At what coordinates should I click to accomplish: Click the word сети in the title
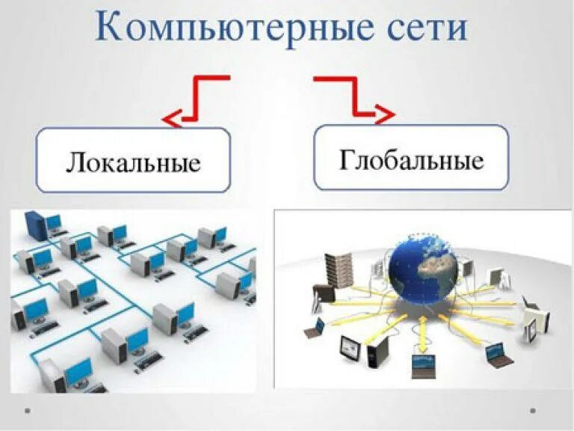point(424,28)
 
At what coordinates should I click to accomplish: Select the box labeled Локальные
point(134,160)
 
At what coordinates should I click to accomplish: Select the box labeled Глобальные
point(411,158)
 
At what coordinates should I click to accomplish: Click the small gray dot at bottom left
point(27,410)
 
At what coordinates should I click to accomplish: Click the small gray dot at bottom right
point(534,410)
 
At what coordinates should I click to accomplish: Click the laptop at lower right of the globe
point(496,354)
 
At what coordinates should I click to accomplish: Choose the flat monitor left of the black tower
point(350,346)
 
